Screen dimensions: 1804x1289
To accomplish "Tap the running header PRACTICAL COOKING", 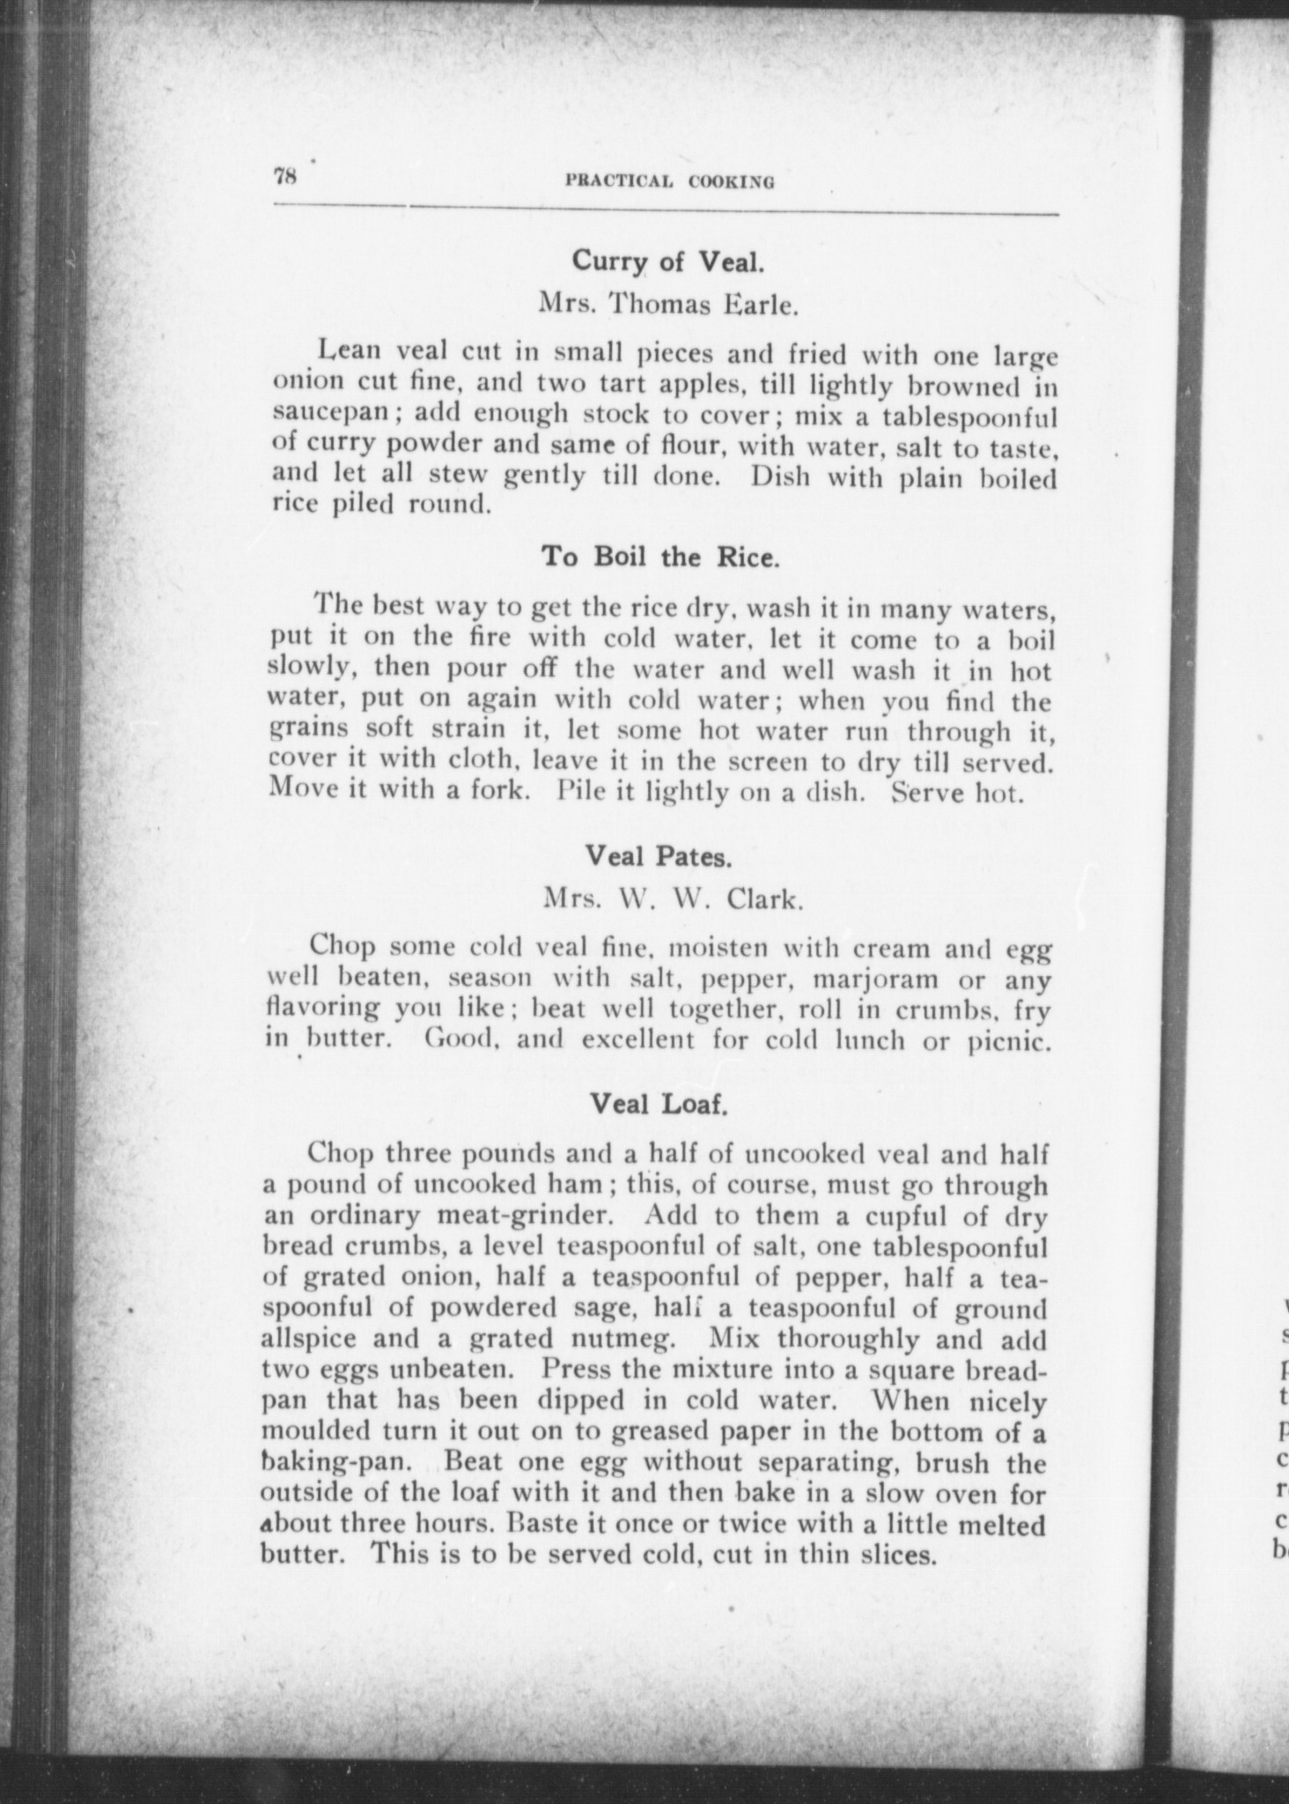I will (670, 182).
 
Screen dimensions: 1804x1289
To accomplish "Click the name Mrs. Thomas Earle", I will (668, 305).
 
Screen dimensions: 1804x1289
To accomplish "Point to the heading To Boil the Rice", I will (659, 558).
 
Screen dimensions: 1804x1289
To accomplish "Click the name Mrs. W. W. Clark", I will (673, 899).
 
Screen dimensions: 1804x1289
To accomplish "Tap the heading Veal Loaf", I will (659, 1103).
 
